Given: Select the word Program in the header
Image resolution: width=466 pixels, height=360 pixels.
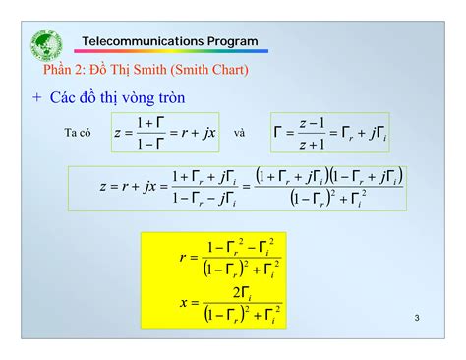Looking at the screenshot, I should point(232,41).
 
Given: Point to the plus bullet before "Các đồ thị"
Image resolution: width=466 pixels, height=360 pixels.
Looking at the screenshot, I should point(36,98).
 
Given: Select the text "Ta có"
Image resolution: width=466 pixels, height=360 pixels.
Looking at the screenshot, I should point(79,133).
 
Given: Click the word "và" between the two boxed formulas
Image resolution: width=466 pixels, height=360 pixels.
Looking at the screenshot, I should point(240,133).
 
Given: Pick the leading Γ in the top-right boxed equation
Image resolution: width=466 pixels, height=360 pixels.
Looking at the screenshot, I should point(280,133).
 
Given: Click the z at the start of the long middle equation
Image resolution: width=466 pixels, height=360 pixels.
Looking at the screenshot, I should point(102,187).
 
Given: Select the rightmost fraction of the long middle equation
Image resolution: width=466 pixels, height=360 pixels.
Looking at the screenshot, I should point(328,187).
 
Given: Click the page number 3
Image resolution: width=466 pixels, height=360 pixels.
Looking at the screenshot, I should point(417,318).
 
